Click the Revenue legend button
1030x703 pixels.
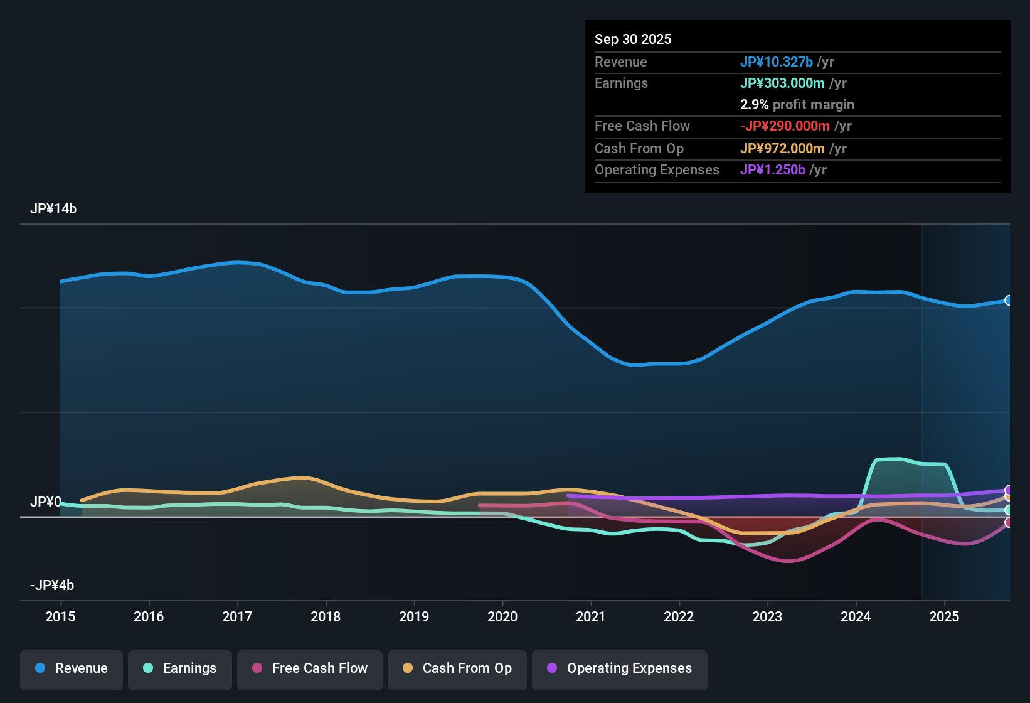click(x=72, y=668)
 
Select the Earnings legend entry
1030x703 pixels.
click(x=180, y=668)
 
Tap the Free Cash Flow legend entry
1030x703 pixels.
click(x=310, y=668)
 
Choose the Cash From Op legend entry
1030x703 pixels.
click(x=457, y=668)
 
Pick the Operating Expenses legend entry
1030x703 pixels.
click(x=620, y=668)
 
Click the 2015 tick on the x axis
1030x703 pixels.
click(x=60, y=616)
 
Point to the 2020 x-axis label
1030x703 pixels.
click(x=502, y=616)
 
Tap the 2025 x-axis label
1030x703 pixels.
click(x=944, y=616)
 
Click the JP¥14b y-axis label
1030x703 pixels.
click(x=53, y=209)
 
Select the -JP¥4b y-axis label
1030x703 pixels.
click(x=52, y=586)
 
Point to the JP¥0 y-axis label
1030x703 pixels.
click(x=46, y=502)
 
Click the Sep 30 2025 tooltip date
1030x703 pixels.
click(x=633, y=40)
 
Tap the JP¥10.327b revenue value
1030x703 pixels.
click(x=777, y=62)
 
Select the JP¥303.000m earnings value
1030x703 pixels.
click(x=782, y=83)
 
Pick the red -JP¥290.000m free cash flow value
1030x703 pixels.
click(x=785, y=126)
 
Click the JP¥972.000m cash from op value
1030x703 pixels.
click(x=782, y=149)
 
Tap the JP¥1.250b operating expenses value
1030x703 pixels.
click(x=773, y=170)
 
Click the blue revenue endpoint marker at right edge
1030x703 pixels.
click(x=1008, y=301)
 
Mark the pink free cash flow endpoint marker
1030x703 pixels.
click(x=1008, y=522)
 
